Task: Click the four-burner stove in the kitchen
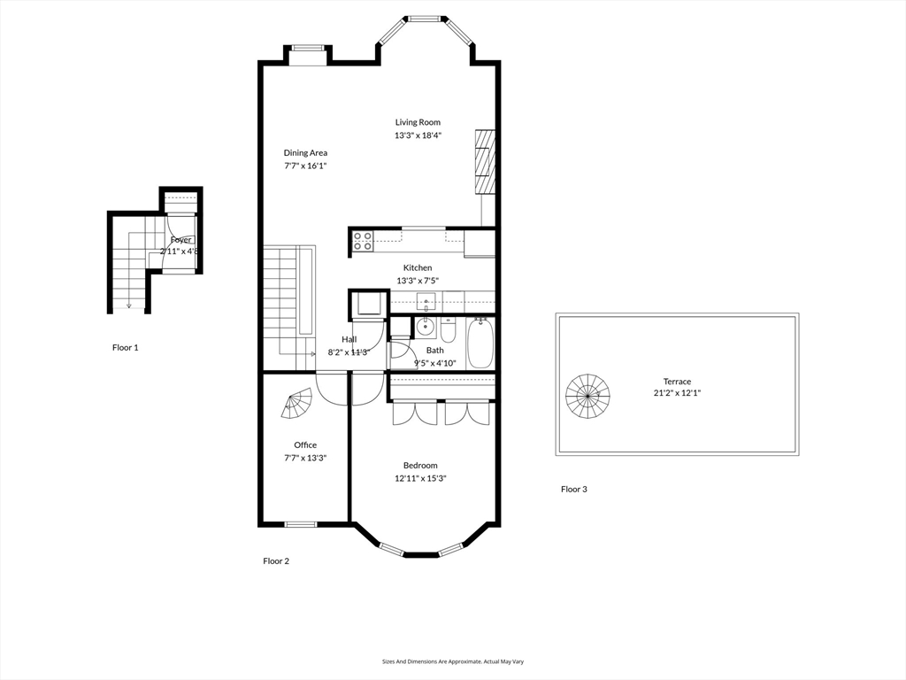363,241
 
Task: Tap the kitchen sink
426,301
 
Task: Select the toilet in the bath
449,332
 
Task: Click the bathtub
481,344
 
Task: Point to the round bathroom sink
425,327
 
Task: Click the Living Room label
418,122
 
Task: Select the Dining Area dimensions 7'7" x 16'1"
305,166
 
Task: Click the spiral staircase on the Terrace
587,396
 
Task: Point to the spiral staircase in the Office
298,404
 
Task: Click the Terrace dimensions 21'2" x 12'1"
677,393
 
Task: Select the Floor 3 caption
573,489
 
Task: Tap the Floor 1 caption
125,347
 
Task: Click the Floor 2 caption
276,560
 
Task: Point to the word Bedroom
420,465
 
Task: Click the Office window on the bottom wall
301,524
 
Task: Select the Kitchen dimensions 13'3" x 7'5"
418,281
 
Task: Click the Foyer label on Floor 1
181,240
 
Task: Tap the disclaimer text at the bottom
452,661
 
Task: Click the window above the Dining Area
308,49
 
